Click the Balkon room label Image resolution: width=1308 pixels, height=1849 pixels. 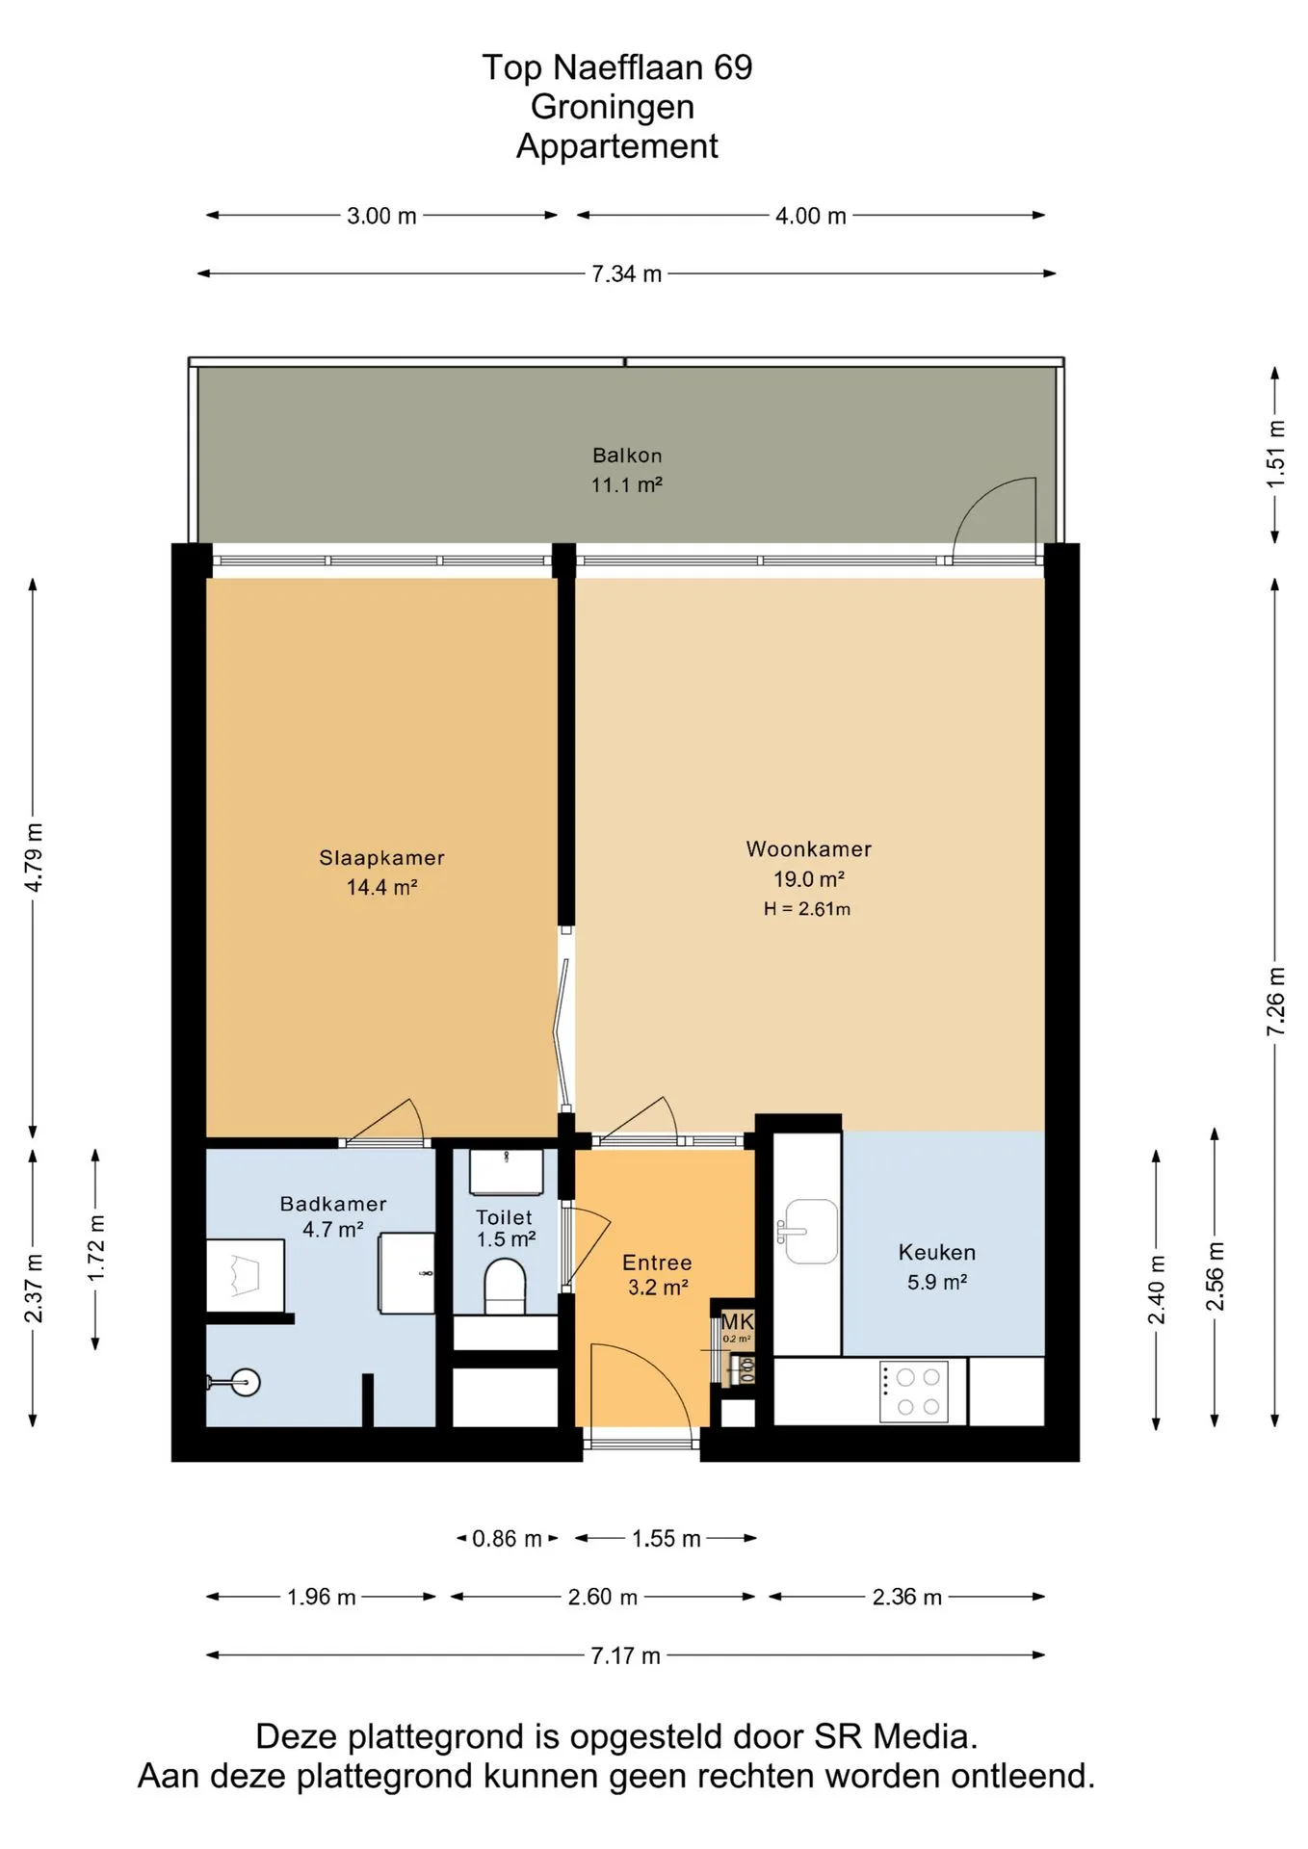point(627,456)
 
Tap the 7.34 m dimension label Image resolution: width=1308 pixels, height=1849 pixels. point(627,273)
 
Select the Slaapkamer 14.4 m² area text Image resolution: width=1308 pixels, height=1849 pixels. point(382,887)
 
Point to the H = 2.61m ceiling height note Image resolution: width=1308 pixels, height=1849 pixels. point(807,908)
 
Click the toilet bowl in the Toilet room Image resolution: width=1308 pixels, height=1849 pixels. point(505,1288)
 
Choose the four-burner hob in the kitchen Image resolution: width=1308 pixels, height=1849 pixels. point(914,1392)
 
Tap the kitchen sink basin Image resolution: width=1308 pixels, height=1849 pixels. point(811,1231)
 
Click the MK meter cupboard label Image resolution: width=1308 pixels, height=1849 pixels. point(738,1321)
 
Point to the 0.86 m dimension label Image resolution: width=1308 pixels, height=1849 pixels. point(507,1539)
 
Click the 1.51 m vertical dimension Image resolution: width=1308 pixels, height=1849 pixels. point(1276,454)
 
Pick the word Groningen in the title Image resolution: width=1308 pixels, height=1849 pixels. point(613,107)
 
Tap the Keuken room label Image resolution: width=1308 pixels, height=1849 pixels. point(937,1252)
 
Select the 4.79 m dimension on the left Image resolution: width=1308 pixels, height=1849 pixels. point(34,857)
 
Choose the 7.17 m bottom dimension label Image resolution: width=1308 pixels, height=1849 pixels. point(626,1655)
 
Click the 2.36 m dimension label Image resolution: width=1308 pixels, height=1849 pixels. point(907,1597)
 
